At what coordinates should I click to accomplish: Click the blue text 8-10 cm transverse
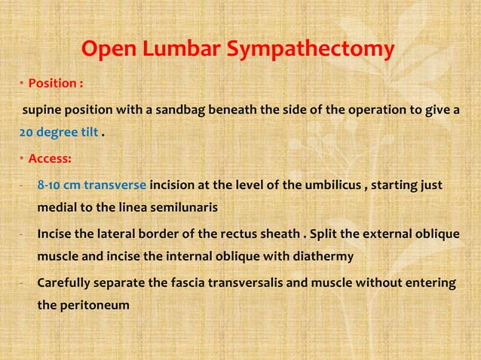pyautogui.click(x=91, y=185)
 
